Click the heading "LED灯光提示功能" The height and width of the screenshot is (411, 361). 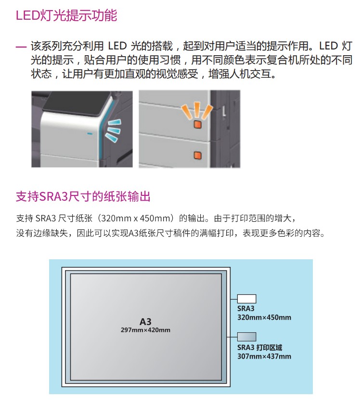[66, 15]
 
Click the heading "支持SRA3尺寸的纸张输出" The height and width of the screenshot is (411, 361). [83, 196]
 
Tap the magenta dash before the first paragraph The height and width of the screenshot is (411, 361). [21, 47]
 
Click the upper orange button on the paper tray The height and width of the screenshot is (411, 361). [197, 124]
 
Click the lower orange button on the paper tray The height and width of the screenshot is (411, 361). [197, 156]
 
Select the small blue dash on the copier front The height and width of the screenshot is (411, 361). [90, 133]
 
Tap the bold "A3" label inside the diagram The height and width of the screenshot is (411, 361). [145, 322]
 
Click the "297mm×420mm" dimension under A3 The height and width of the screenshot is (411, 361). [145, 330]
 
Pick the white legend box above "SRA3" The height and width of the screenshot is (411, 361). [246, 299]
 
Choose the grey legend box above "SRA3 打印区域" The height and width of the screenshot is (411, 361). [246, 337]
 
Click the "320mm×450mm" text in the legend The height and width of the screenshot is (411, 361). [264, 317]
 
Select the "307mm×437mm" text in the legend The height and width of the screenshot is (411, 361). [264, 356]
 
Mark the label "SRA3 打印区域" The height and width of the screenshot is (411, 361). [259, 348]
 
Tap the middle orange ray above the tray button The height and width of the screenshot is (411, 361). [197, 109]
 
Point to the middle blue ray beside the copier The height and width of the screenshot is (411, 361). [113, 130]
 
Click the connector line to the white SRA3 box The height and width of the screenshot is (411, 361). [234, 299]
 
